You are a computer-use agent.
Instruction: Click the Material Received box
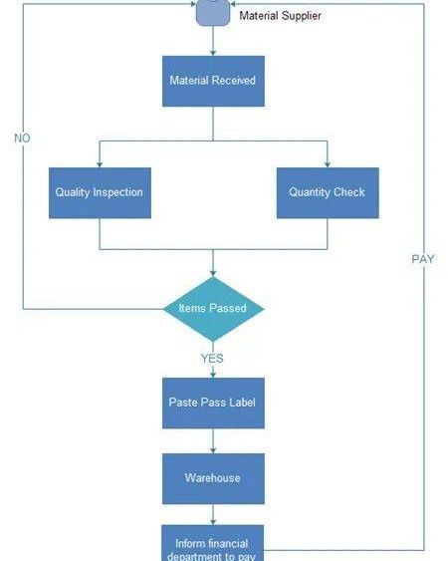coord(213,81)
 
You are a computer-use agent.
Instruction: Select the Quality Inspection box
coord(100,192)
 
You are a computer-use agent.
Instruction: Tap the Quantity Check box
coord(327,192)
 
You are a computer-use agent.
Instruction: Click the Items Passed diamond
coord(213,309)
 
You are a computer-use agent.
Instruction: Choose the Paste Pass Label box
coord(213,402)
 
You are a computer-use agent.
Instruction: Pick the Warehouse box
coord(213,478)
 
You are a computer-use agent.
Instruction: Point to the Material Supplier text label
coord(280,16)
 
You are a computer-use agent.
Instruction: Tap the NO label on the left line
coord(22,139)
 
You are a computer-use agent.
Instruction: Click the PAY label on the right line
coord(423,259)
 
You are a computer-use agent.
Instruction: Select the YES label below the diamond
coord(212,358)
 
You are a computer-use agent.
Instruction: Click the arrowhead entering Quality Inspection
coord(100,162)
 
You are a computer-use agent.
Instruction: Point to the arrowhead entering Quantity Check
coord(327,162)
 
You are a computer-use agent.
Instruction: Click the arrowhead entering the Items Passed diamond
coord(213,274)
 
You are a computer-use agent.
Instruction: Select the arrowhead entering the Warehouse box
coord(213,449)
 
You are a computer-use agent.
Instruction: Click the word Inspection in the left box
coord(120,192)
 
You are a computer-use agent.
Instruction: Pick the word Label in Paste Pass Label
coord(240,402)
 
